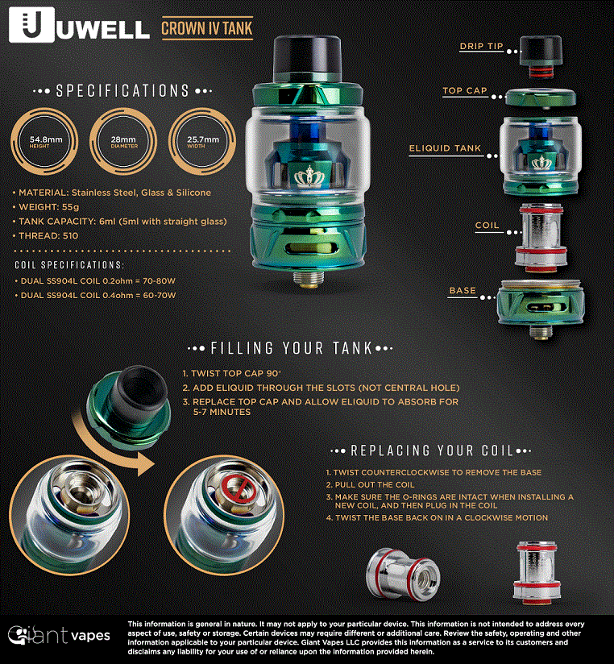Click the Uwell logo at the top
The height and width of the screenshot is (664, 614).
79,26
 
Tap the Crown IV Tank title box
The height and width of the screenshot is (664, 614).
207,28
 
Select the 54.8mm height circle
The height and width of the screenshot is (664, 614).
45,142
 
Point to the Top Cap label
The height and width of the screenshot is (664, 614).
465,91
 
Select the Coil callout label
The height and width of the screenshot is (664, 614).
487,226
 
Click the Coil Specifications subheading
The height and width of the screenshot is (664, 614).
69,264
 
